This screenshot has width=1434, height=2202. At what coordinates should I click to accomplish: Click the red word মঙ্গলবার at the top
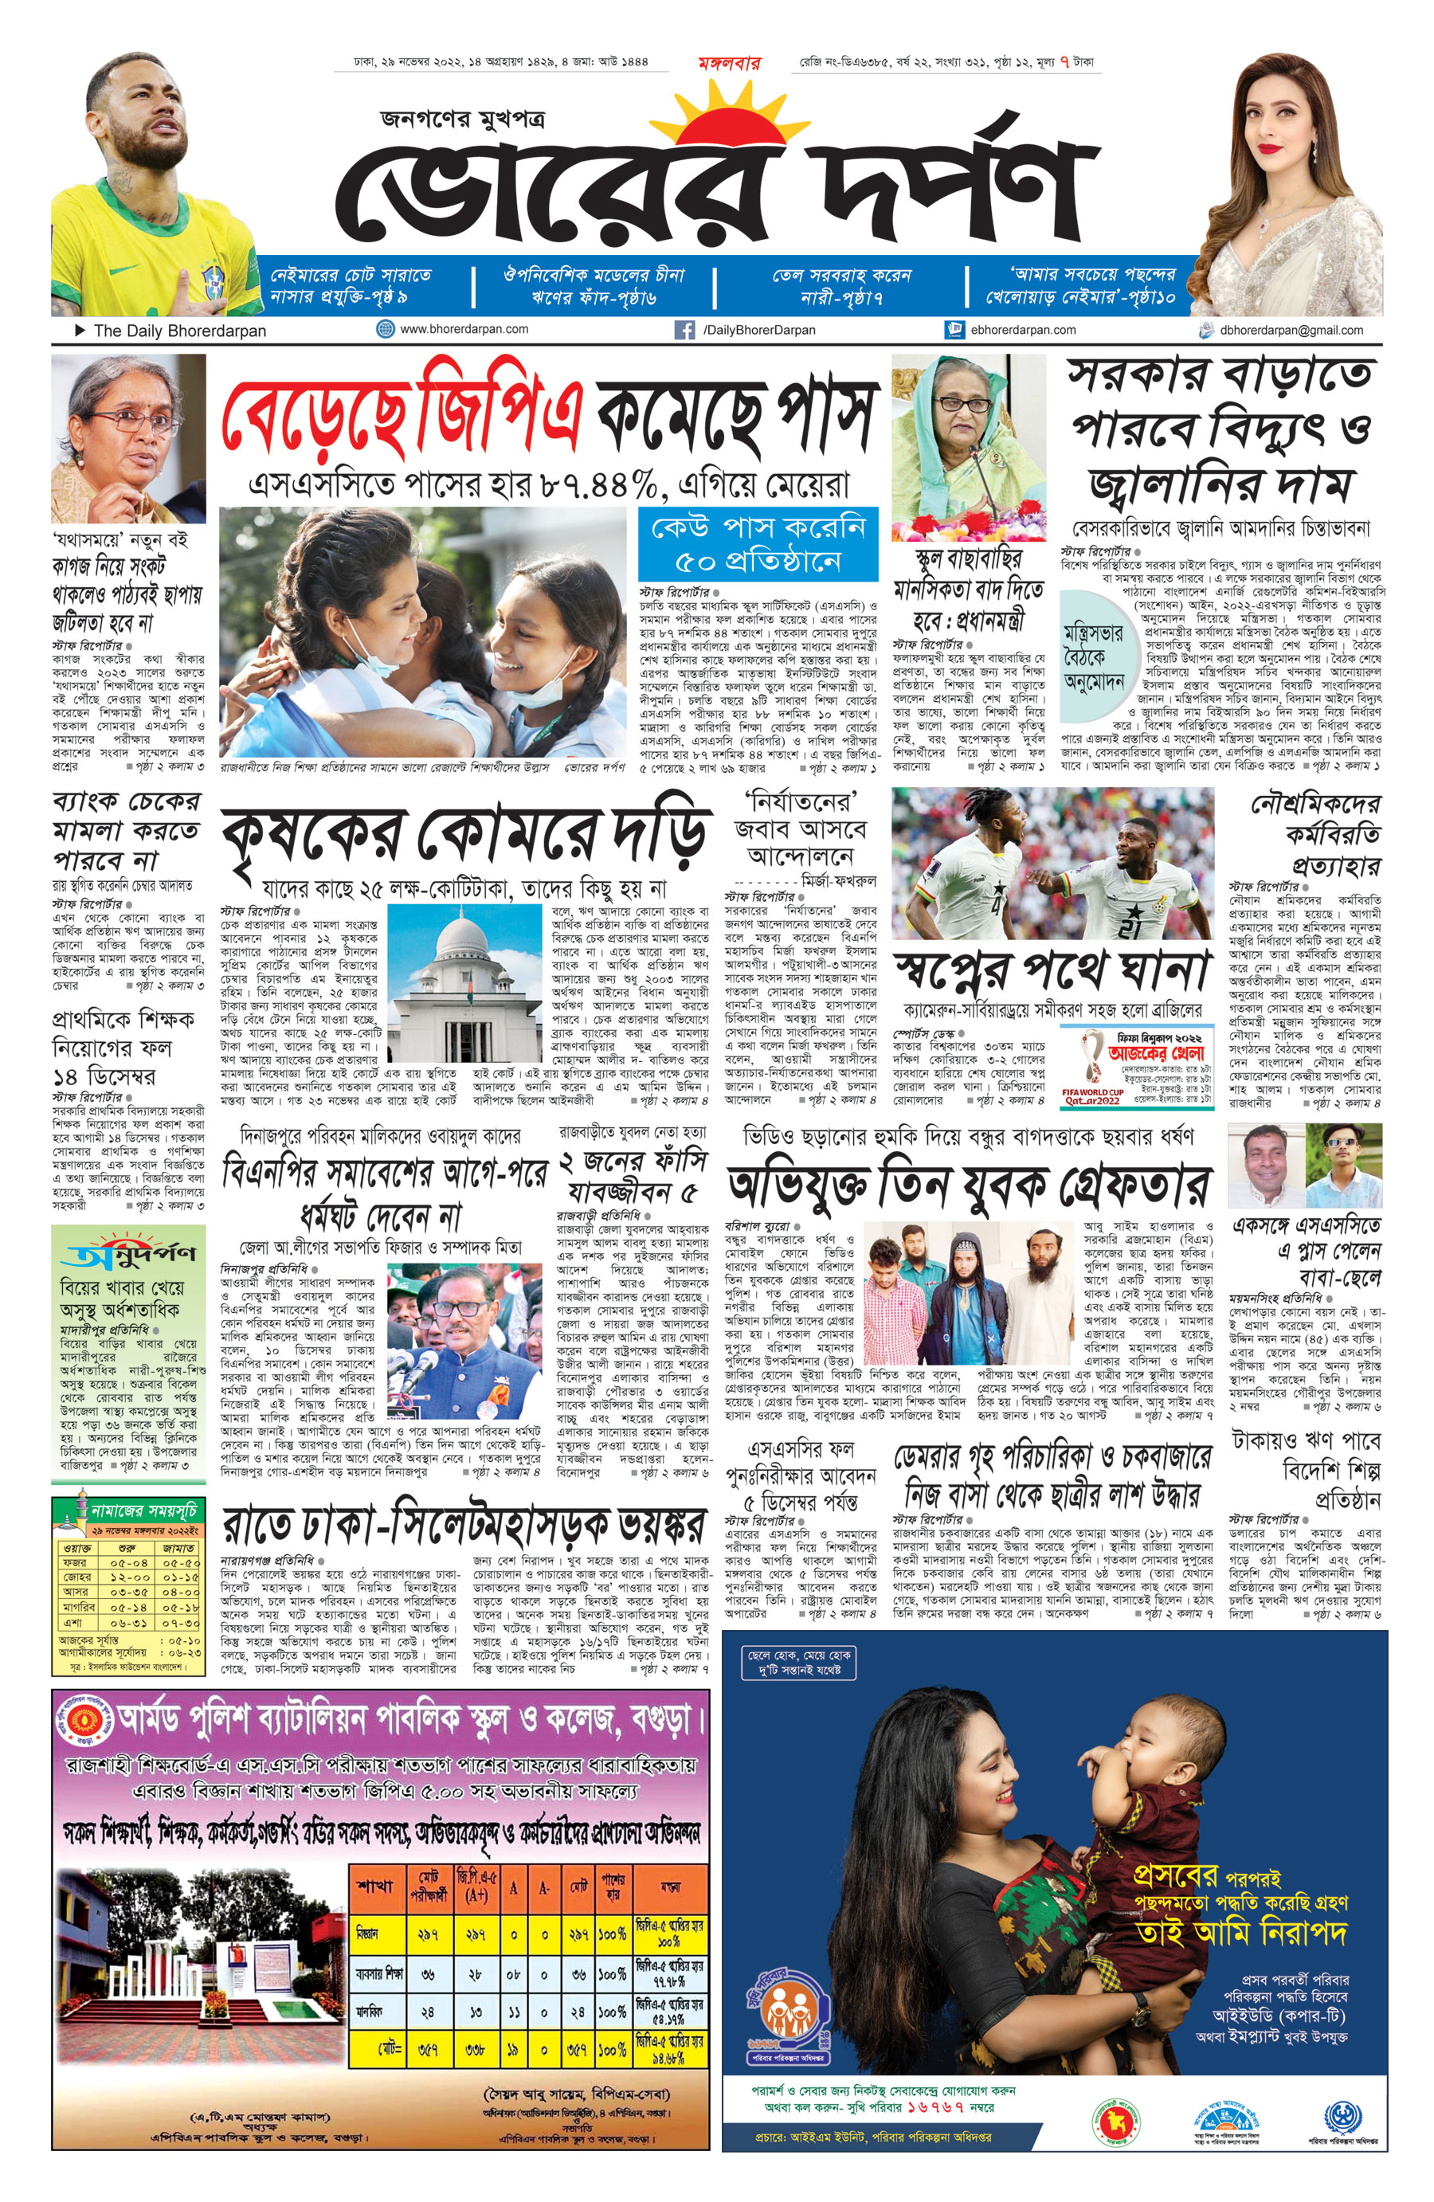pos(729,63)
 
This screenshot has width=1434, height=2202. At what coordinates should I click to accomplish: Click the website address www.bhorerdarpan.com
pos(464,329)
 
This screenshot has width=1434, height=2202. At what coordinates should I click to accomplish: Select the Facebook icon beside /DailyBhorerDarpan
pos(684,331)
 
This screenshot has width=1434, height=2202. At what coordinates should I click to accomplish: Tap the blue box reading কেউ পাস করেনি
pos(758,543)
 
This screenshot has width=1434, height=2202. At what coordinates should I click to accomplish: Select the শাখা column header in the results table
pos(374,1886)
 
